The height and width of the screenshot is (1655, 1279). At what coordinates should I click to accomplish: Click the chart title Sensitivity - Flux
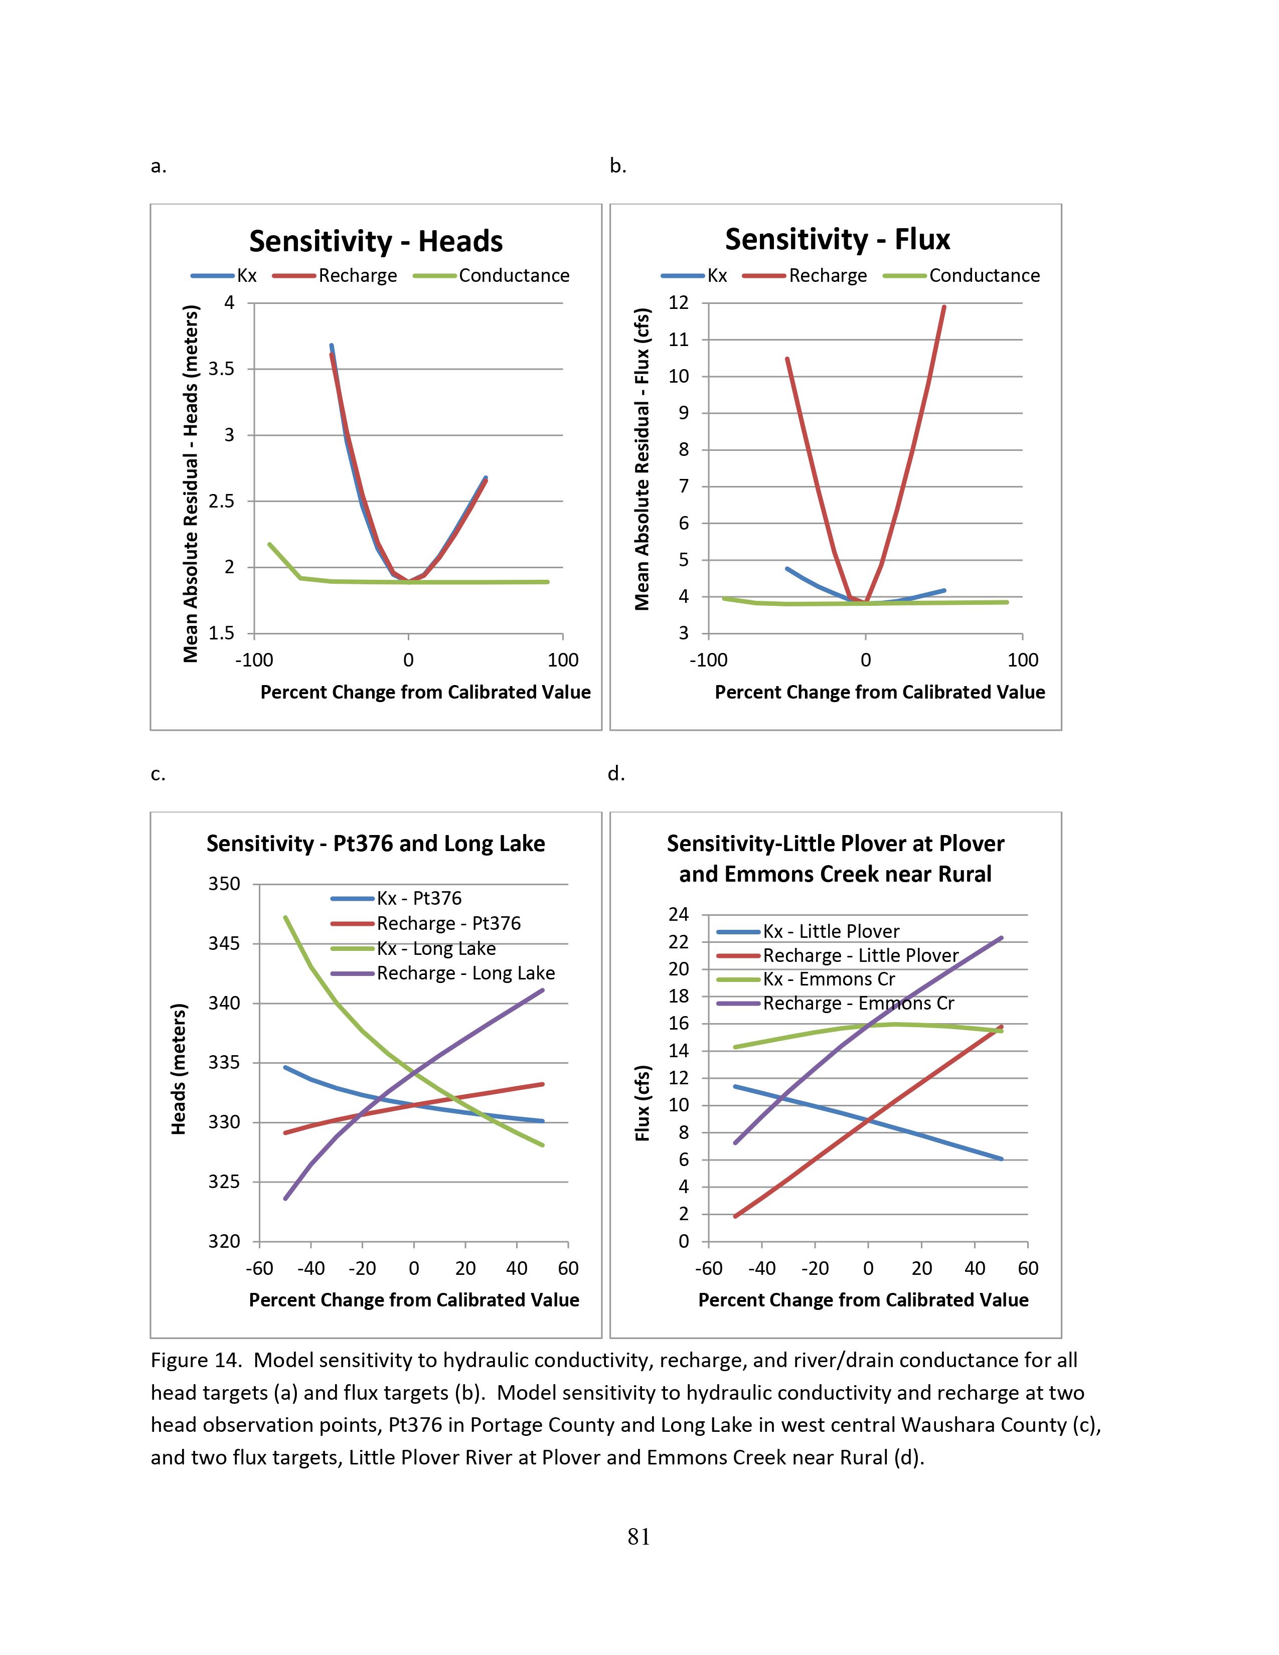click(x=837, y=239)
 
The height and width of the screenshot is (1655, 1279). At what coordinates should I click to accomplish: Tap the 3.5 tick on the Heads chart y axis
click(x=221, y=369)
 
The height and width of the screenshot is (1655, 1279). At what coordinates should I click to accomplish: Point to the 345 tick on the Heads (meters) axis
click(x=224, y=943)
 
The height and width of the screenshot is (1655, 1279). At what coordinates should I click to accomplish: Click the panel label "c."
click(x=157, y=774)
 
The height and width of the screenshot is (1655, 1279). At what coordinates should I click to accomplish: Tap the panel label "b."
click(x=617, y=166)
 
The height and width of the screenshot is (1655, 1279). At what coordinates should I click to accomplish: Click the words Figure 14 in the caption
click(x=196, y=1360)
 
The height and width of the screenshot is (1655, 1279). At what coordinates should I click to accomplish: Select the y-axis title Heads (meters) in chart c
click(x=179, y=1069)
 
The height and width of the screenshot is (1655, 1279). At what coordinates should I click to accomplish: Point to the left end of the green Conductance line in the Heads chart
click(x=270, y=543)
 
